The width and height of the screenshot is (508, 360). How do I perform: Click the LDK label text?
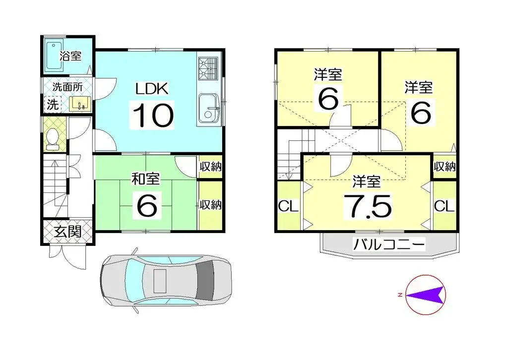coord(153,89)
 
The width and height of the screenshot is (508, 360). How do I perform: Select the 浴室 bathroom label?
coord(70,56)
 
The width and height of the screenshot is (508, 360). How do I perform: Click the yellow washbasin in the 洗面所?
coord(79,103)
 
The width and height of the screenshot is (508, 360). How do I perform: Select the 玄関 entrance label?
coord(67,232)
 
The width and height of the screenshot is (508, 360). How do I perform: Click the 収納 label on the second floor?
coord(444,167)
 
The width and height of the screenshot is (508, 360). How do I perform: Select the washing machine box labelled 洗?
coord(52,105)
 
